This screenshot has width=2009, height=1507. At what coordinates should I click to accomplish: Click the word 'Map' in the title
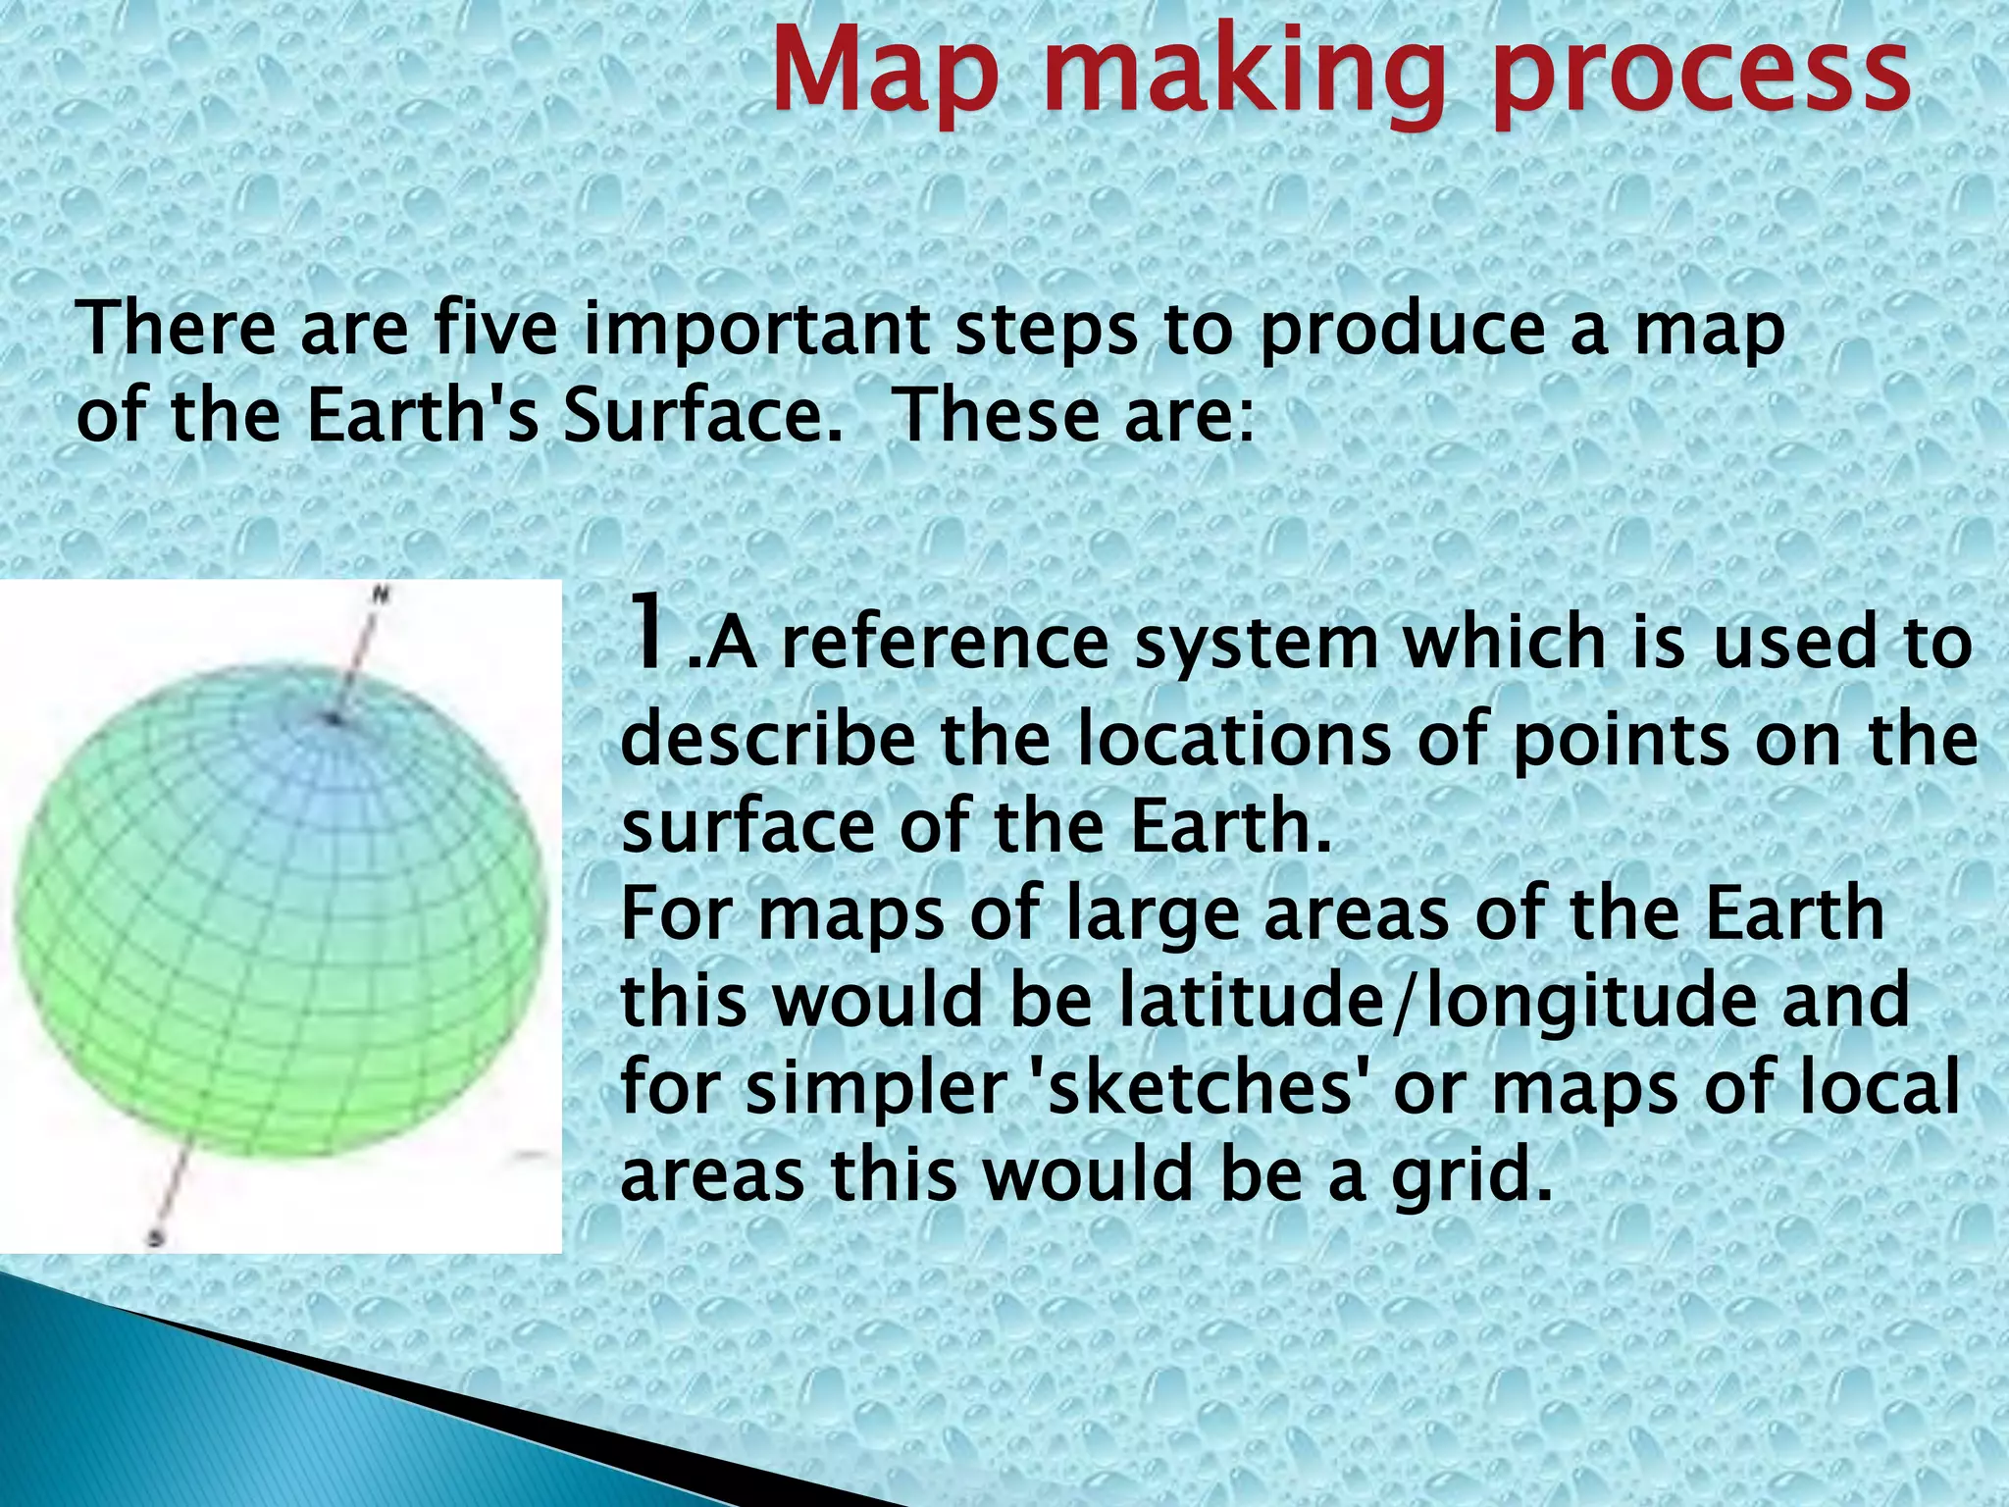pos(885,74)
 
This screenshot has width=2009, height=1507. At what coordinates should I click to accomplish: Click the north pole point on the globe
pos(335,719)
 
